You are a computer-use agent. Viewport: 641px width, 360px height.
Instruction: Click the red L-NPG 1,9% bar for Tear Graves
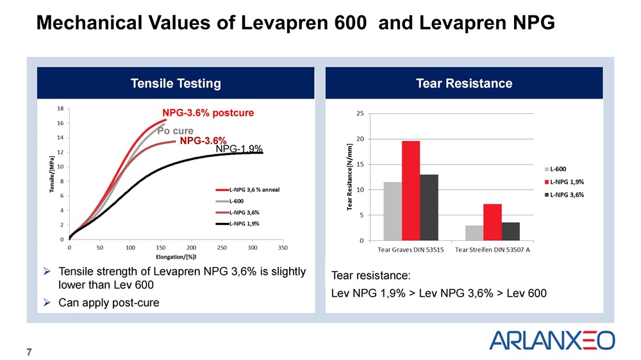tap(411, 191)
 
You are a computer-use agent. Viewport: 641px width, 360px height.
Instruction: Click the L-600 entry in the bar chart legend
tap(560, 168)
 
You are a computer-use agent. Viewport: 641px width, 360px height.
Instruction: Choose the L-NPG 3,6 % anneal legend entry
tap(247, 190)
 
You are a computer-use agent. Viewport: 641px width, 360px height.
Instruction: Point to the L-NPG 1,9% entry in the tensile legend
tap(247, 224)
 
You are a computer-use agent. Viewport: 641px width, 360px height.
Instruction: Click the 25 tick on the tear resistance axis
tap(360, 113)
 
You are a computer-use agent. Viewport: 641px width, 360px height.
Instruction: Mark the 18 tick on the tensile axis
tap(60, 109)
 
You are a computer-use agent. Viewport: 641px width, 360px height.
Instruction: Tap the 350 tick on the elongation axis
tap(283, 247)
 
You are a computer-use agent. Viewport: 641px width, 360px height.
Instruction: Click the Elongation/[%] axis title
tap(176, 257)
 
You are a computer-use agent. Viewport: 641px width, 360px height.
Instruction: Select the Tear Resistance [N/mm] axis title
tap(351, 177)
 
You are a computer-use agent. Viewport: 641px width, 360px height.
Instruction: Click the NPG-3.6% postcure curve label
tap(208, 113)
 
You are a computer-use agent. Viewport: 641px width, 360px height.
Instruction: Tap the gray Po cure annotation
tap(175, 131)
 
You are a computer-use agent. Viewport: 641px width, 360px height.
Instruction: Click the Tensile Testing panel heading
tap(176, 83)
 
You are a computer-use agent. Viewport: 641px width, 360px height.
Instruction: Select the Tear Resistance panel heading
tap(464, 83)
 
